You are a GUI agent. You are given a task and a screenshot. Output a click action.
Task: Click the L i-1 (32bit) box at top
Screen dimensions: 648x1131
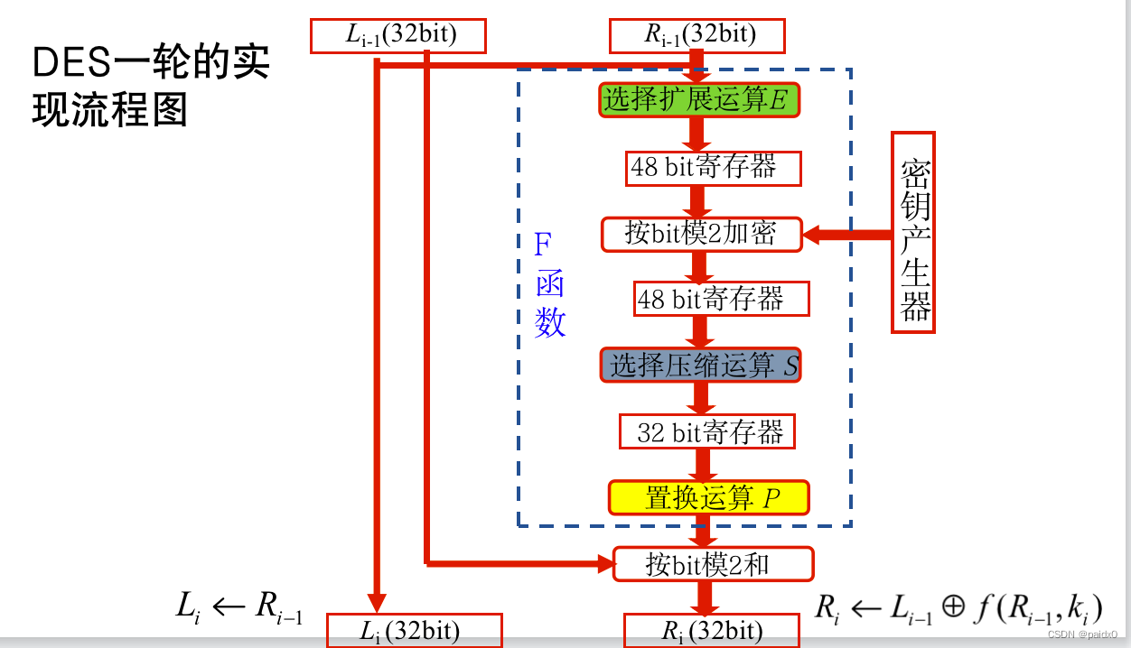click(x=398, y=36)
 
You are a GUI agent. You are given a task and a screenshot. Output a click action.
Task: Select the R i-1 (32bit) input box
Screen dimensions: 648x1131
click(x=697, y=36)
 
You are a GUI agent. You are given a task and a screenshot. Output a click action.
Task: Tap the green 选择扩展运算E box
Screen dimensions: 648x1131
click(x=699, y=100)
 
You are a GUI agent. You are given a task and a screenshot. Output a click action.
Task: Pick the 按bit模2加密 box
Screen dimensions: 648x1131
click(x=702, y=234)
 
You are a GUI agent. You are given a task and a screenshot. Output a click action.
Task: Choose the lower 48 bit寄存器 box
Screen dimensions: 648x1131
click(x=721, y=300)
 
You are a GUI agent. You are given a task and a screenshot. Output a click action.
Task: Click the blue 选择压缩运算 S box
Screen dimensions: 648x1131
click(x=701, y=366)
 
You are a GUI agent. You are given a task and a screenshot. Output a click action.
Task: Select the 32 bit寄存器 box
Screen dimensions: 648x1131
click(x=706, y=432)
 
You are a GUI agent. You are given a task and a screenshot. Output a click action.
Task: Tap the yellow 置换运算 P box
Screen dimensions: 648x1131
click(x=708, y=498)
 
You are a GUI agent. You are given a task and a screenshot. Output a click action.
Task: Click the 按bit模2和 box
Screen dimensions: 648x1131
click(x=713, y=564)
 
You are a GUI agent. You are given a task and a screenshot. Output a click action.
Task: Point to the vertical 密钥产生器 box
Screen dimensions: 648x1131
click(x=913, y=233)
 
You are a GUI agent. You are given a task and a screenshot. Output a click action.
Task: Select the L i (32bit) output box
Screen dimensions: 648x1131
click(x=414, y=631)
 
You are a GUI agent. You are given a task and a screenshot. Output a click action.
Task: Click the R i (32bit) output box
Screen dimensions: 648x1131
click(x=712, y=631)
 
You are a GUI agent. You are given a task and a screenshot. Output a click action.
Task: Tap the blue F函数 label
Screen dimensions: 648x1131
click(x=549, y=284)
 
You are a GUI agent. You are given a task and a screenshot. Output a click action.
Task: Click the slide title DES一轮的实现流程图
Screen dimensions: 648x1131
click(x=151, y=88)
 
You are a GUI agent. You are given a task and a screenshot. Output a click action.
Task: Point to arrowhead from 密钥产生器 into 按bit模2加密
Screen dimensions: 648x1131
click(x=813, y=235)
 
